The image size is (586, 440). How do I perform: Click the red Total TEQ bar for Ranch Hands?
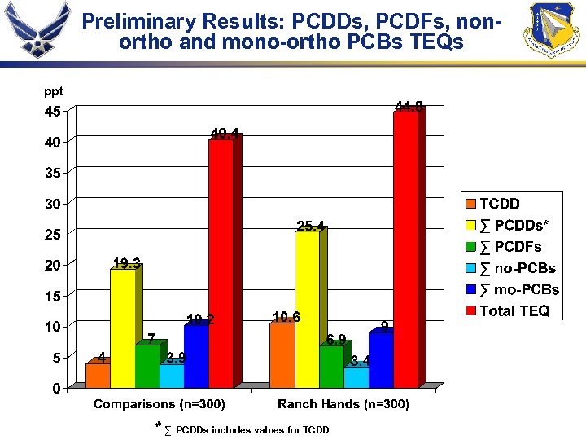coord(405,249)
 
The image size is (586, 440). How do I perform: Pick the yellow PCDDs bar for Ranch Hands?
coord(307,310)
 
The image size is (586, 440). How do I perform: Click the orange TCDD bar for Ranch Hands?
coord(282,354)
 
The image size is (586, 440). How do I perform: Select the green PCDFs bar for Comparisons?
coord(147,366)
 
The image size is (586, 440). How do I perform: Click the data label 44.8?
coord(409,106)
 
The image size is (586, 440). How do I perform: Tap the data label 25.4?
coord(310,225)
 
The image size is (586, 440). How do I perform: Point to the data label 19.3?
coord(126,262)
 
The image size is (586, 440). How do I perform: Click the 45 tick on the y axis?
coord(51,112)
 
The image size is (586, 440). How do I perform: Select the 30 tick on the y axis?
coord(51,204)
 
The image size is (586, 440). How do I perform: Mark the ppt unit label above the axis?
coord(54,92)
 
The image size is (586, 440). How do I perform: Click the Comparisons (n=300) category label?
coord(160,404)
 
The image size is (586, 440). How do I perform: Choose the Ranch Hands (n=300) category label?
coord(343,404)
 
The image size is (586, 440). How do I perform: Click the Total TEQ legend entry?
coord(514,310)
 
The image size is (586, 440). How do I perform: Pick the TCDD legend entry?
coord(499,204)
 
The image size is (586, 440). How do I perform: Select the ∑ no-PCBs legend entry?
coord(517,268)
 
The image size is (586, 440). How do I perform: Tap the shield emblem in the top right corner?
coord(554,30)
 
